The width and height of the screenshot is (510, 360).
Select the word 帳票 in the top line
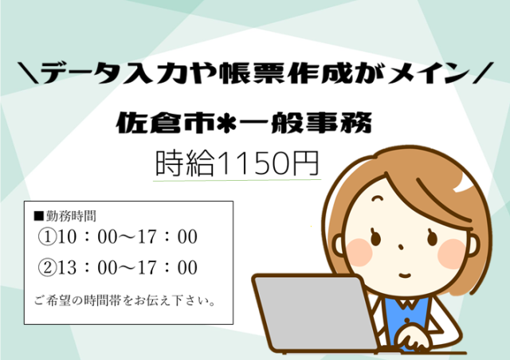(253, 73)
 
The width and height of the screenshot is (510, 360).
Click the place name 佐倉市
(167, 123)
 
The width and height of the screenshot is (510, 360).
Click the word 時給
(185, 163)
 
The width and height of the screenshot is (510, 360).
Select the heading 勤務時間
(71, 216)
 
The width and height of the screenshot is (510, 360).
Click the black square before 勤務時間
(39, 217)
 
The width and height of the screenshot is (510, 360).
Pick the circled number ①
(47, 237)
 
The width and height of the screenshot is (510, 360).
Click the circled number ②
(47, 268)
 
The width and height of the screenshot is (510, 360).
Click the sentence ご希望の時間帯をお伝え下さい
(124, 300)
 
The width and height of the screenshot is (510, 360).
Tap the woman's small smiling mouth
(405, 276)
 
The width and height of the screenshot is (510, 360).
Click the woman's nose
(401, 248)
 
